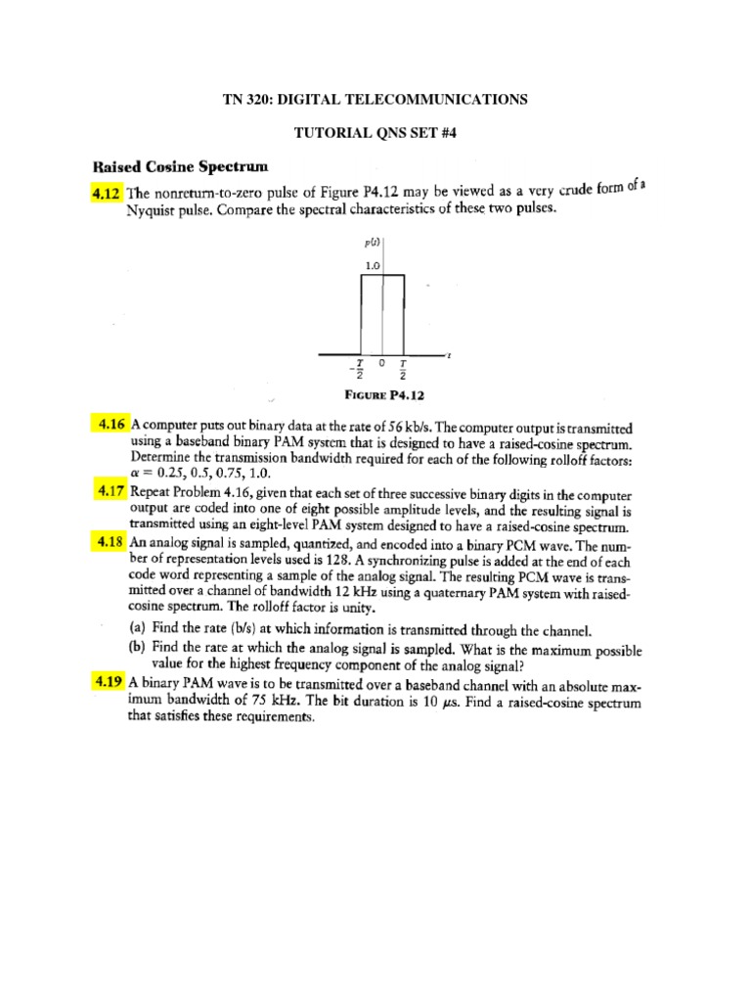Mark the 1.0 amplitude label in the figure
point(372,265)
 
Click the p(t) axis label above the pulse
point(374,241)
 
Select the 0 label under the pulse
point(383,363)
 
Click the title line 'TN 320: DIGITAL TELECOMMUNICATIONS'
point(375,100)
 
